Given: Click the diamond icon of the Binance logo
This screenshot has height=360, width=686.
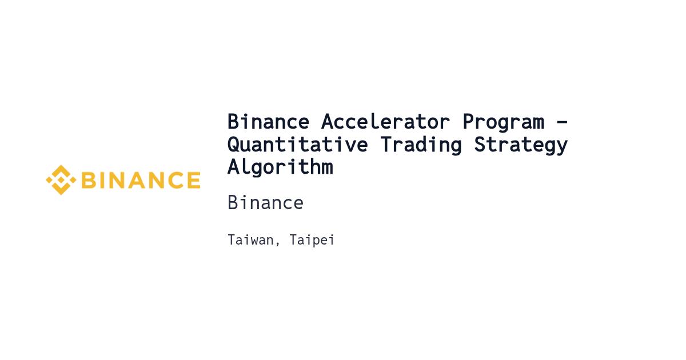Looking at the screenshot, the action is (x=61, y=180).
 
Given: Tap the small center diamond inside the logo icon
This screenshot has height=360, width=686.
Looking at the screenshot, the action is (x=61, y=180).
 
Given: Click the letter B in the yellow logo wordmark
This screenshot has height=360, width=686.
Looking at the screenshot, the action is (x=89, y=180).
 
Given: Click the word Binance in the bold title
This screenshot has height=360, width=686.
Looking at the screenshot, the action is (x=268, y=122).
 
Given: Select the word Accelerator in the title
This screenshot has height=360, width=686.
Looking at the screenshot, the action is (x=385, y=122).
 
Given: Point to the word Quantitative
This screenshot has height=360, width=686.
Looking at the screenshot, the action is (x=298, y=145).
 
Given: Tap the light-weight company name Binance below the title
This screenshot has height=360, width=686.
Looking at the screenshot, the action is (x=265, y=203).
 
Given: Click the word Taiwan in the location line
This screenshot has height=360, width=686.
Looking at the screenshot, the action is (x=251, y=239).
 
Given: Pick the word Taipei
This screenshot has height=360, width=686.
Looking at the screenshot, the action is (x=312, y=241).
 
